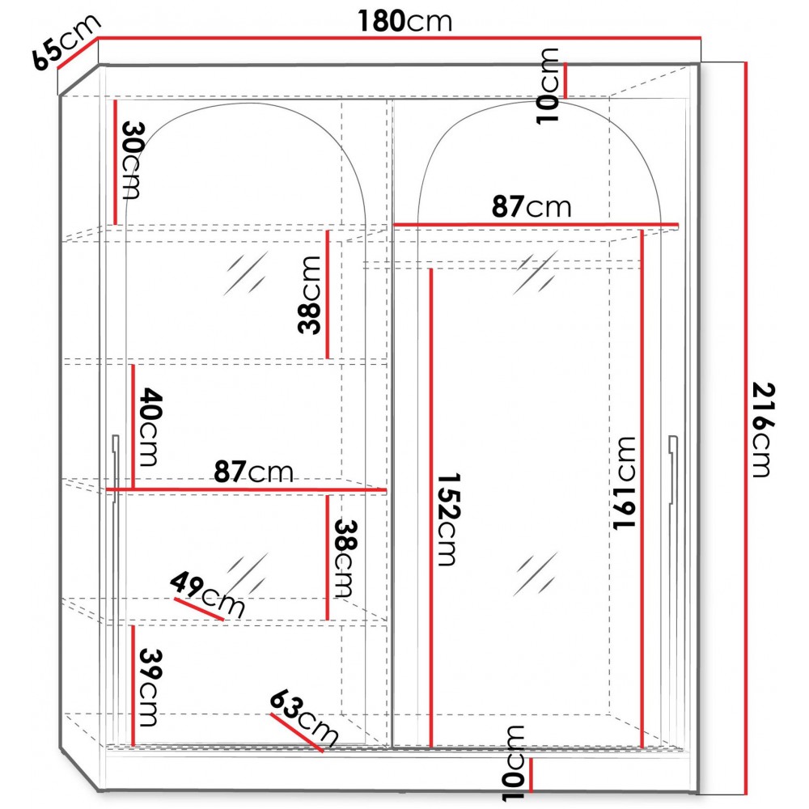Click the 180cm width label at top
point(405,22)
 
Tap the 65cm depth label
point(66,41)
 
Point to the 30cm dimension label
point(133,160)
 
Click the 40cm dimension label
point(150,426)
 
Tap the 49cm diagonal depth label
point(207,593)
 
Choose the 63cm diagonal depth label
point(304,718)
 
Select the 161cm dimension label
point(624,483)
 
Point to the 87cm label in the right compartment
point(532,206)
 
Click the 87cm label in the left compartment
point(253,472)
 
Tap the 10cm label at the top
point(548,86)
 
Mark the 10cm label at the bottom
point(514,763)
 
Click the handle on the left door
point(115,469)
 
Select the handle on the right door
point(672,469)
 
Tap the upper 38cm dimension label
point(310,295)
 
